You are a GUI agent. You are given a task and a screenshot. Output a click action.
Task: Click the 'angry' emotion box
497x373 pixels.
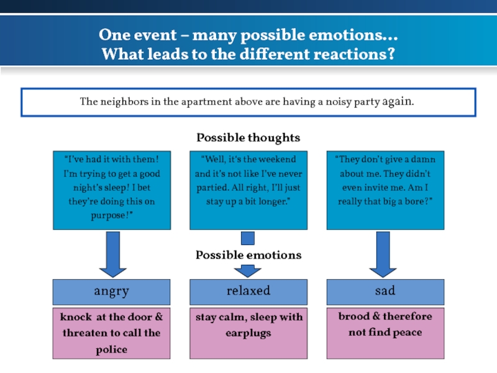pyautogui.click(x=111, y=291)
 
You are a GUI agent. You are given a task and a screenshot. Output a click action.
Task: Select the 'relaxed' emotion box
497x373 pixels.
pyautogui.click(x=248, y=291)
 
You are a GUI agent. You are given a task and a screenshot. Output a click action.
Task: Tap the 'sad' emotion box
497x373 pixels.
pyautogui.click(x=385, y=291)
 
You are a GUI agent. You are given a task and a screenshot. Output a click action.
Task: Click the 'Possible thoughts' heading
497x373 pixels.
pyautogui.click(x=248, y=137)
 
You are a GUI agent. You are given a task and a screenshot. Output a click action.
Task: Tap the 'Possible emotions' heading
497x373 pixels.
pyautogui.click(x=248, y=255)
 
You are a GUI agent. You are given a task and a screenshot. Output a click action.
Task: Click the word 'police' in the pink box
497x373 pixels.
pyautogui.click(x=111, y=349)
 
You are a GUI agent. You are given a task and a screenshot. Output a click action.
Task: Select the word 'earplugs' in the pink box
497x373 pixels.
pyautogui.click(x=248, y=333)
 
